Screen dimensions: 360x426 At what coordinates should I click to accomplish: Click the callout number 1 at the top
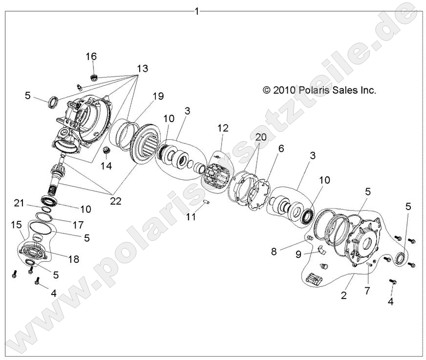coord(197,11)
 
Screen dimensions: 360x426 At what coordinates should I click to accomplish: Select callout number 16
coord(91,57)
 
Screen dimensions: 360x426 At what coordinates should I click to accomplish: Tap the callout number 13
coord(142,69)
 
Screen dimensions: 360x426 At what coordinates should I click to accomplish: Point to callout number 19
coord(158,96)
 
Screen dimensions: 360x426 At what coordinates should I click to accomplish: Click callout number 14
coord(106,166)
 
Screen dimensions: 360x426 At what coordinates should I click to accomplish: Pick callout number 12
coord(223,128)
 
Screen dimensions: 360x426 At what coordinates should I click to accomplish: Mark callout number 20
coord(260,138)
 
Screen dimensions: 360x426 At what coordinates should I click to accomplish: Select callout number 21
coord(19,203)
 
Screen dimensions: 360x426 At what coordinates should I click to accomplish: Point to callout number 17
coord(78,225)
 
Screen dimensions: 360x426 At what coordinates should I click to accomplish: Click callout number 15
coord(16,224)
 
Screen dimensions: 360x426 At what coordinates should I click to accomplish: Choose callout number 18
coord(73,259)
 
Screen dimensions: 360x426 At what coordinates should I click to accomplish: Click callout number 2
coord(344,295)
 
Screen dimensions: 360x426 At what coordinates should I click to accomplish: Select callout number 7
coord(366,291)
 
